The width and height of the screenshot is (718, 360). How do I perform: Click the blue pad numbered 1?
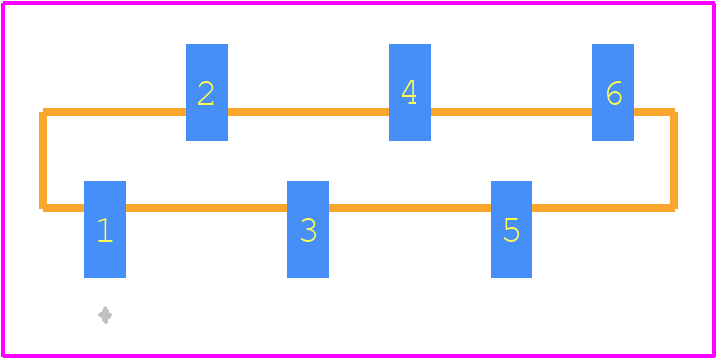pyautogui.click(x=105, y=229)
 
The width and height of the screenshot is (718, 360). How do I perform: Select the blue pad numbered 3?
pyautogui.click(x=308, y=229)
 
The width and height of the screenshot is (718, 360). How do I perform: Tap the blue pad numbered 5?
pyautogui.click(x=511, y=229)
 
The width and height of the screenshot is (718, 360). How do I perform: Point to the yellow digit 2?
pyautogui.click(x=206, y=93)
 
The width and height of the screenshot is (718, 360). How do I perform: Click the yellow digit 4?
pyautogui.click(x=409, y=92)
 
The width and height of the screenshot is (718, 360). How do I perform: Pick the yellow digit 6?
pyautogui.click(x=614, y=93)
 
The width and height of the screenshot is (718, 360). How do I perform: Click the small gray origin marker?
pyautogui.click(x=105, y=315)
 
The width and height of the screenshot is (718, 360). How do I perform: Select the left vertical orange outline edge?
pyautogui.click(x=43, y=160)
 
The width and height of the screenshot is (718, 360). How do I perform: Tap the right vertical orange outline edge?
pyautogui.click(x=674, y=160)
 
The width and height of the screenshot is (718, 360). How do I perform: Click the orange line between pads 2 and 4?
pyautogui.click(x=308, y=112)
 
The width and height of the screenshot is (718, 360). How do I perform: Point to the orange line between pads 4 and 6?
pyautogui.click(x=511, y=112)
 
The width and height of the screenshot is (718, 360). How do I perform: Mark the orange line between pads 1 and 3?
pyautogui.click(x=207, y=208)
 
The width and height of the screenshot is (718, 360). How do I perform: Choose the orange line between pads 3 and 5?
pyautogui.click(x=410, y=208)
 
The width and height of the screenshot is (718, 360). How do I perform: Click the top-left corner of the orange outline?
pyautogui.click(x=43, y=112)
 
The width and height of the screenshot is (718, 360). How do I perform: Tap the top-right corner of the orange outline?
pyautogui.click(x=674, y=112)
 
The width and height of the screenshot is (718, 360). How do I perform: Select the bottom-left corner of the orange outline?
pyautogui.click(x=43, y=208)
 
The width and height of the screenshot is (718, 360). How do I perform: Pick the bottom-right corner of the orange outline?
pyautogui.click(x=674, y=208)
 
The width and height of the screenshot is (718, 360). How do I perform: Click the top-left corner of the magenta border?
pyautogui.click(x=3, y=3)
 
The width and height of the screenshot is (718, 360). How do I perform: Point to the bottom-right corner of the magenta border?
pyautogui.click(x=714, y=355)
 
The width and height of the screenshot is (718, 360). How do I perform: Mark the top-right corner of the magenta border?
pyautogui.click(x=714, y=3)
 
